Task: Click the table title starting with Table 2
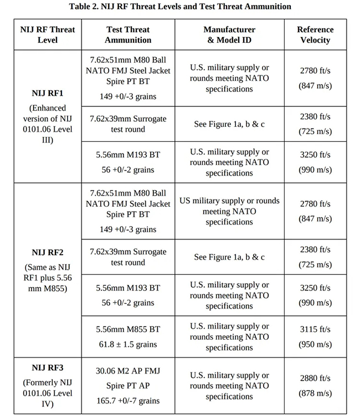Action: (x=180, y=7)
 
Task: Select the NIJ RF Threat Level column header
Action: (x=48, y=34)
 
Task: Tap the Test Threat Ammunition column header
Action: (x=128, y=34)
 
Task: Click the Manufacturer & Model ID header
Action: (x=229, y=34)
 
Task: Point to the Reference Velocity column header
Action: (x=315, y=34)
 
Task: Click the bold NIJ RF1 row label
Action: (x=48, y=93)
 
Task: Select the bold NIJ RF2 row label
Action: (x=48, y=252)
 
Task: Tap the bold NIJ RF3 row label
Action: (x=48, y=367)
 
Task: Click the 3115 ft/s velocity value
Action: (x=315, y=329)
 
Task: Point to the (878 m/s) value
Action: (x=315, y=393)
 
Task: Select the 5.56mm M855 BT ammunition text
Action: (x=128, y=329)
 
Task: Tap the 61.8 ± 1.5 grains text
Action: (x=128, y=344)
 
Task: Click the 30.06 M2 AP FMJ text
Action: (x=128, y=372)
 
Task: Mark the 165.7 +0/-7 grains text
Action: (x=128, y=400)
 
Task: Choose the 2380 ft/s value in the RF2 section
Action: (x=315, y=249)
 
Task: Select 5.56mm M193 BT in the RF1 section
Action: (x=128, y=155)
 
